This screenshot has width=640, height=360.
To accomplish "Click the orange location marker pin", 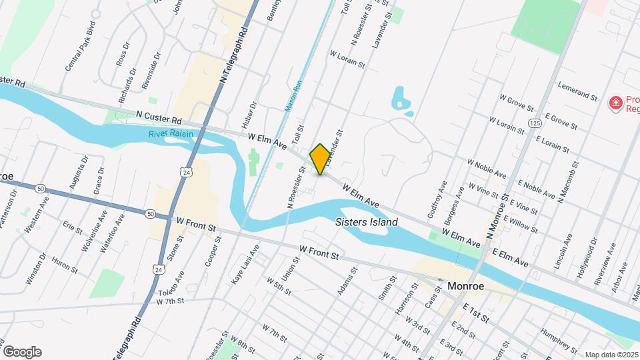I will tap(320, 159).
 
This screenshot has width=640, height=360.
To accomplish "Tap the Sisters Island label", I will tap(367, 222).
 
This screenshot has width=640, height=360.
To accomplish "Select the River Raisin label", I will tap(171, 134).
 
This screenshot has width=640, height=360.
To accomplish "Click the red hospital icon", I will tap(615, 103).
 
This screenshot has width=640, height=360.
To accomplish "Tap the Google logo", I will tap(22, 351).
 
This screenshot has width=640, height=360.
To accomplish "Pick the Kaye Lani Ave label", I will tap(245, 265).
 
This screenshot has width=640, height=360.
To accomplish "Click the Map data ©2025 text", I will tap(611, 355).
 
